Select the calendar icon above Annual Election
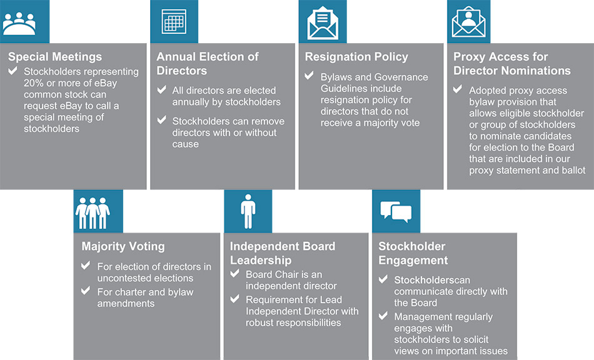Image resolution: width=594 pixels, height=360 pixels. pos(173,23)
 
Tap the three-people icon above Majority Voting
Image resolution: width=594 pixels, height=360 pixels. pos(93,212)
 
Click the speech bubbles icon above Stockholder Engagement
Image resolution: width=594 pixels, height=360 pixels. pos(396,212)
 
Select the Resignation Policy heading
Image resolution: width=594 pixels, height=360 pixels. pos(356,57)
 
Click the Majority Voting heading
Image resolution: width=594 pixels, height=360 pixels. pos(123,246)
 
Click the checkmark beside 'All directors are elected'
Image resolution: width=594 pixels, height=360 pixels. pos(161,90)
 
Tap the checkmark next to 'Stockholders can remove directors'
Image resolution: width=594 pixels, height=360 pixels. pos(161,120)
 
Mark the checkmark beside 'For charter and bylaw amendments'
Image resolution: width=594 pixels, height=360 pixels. pos(86,292)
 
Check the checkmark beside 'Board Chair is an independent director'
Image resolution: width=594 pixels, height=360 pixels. pos(234,274)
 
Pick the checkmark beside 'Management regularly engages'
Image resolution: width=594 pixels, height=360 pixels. pos(383,316)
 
